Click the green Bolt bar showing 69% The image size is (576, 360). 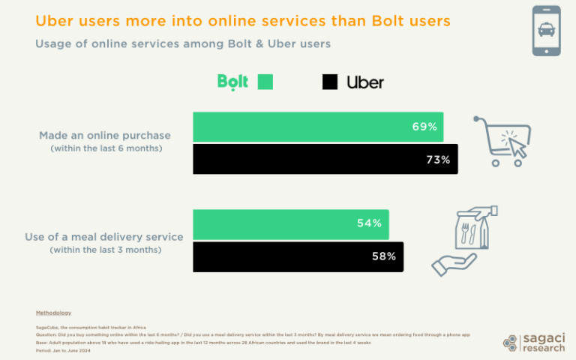tap(317, 127)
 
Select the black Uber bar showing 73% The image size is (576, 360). tap(325, 159)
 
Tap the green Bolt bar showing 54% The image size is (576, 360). tap(290, 223)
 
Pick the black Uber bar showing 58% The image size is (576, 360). tap(298, 256)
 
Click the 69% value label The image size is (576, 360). tap(424, 127)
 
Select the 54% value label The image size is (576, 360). tap(369, 223)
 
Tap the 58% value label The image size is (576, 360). tap(383, 256)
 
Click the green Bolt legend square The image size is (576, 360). tap(265, 82)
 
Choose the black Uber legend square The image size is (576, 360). tap(330, 82)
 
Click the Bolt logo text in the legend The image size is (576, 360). tap(232, 81)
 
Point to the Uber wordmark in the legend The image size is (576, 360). tap(365, 82)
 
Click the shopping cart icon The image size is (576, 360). tap(502, 141)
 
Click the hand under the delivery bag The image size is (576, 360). tap(454, 262)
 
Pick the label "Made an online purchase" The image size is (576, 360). tap(105, 136)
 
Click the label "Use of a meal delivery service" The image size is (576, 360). tap(105, 237)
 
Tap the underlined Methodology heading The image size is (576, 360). tap(53, 312)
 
